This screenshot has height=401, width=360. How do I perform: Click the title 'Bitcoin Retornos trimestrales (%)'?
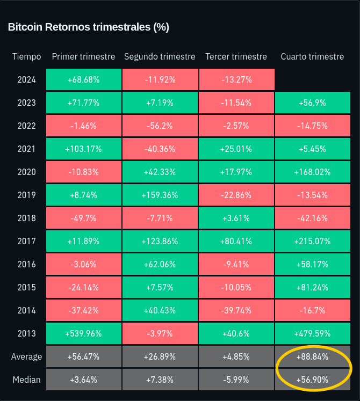pos(89,27)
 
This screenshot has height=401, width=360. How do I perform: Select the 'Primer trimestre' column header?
pos(83,56)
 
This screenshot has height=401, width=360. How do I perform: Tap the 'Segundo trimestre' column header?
pos(160,56)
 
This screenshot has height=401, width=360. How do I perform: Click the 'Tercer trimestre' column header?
pos(236,56)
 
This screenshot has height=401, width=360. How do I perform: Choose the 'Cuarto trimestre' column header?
pos(312,56)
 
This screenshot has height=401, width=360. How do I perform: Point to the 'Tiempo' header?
pos(26,56)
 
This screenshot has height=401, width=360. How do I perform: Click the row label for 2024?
pos(26,79)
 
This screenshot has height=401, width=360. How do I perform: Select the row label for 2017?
pos(26,241)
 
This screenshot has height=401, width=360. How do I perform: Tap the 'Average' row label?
pos(26,356)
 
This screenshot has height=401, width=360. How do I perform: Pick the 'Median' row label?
pos(26,380)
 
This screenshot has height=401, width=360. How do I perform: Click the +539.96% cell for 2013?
pos(83,333)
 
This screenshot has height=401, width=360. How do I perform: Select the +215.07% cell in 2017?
pos(312,241)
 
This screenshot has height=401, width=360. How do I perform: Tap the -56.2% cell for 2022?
pos(160,126)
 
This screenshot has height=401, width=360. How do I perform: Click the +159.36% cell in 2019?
pos(160,195)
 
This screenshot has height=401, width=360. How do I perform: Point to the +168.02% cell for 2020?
pos(312,172)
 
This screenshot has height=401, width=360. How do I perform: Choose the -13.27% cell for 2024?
pos(236,79)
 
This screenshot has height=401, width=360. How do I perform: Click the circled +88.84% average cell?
pos(312,356)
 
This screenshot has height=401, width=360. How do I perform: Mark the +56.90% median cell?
pos(312,380)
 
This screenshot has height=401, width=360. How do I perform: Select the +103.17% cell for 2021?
pos(83,149)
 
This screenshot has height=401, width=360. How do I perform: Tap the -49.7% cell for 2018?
pos(83,218)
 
